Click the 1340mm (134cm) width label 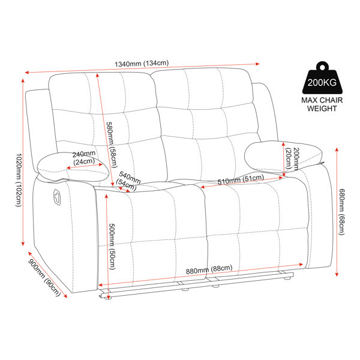[x=142, y=64]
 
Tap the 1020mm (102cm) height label [x=19, y=180]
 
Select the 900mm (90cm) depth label [x=44, y=278]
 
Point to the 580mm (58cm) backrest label [x=112, y=145]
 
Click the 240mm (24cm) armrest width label [x=84, y=157]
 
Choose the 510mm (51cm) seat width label [x=241, y=179]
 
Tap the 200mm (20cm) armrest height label [x=292, y=158]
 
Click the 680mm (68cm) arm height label [x=342, y=212]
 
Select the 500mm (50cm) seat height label [x=112, y=247]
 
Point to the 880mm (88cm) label [x=209, y=269]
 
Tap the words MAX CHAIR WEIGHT [x=322, y=104]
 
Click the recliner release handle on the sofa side [x=57, y=197]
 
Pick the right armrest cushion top [x=283, y=156]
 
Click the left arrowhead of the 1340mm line [x=26, y=73]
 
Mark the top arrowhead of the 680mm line [x=337, y=149]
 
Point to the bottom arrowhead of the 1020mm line [x=23, y=244]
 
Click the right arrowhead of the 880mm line [x=302, y=264]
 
